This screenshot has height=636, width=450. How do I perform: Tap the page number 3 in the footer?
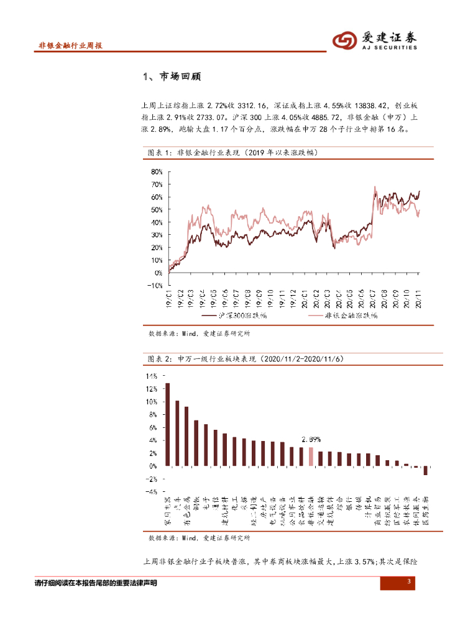click(x=409, y=581)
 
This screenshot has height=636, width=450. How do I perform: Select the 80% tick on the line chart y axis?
click(x=156, y=171)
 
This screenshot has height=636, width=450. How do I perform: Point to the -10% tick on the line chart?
click(x=154, y=285)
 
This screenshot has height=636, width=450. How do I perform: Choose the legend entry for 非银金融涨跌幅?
click(x=352, y=316)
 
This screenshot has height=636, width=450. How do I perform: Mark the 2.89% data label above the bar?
click(x=311, y=439)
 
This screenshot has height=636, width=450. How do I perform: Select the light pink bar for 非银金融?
click(x=311, y=457)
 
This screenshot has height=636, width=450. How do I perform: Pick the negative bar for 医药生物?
click(x=426, y=471)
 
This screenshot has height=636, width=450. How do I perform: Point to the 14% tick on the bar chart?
click(x=152, y=376)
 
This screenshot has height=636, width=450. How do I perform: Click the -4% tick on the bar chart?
click(x=152, y=492)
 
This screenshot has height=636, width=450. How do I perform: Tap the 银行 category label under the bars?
click(x=349, y=502)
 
